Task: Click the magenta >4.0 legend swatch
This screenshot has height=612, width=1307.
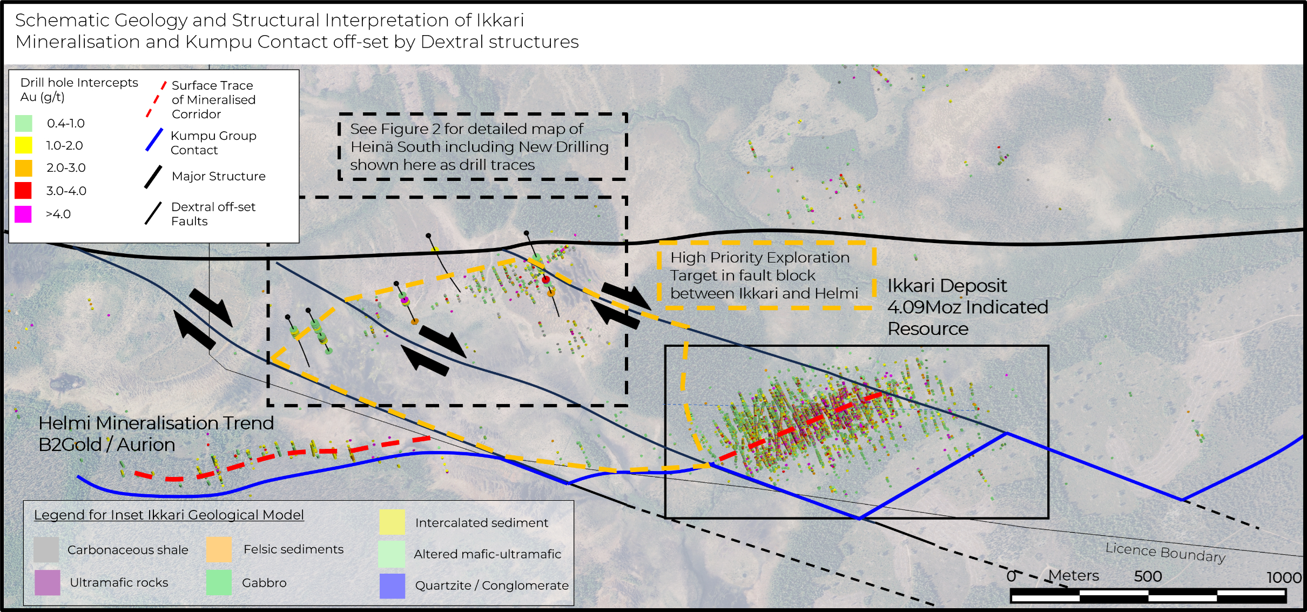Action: (x=23, y=214)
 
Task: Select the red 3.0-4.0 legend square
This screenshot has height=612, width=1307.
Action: (x=23, y=191)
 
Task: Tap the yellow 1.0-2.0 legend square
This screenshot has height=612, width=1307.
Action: (x=23, y=145)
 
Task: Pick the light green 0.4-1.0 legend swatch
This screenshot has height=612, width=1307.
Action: (x=23, y=123)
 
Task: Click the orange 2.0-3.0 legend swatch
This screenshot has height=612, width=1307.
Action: (x=23, y=168)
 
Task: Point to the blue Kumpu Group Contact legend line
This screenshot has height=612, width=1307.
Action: (x=154, y=140)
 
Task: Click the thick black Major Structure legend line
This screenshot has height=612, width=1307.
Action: (x=153, y=177)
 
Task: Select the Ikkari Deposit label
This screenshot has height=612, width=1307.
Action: (x=947, y=286)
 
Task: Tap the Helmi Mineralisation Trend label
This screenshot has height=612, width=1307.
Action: (x=156, y=423)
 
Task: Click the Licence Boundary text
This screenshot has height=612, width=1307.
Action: (x=1165, y=552)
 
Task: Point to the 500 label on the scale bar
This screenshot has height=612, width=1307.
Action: (x=1148, y=576)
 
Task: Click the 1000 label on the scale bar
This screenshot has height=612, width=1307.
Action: (x=1284, y=577)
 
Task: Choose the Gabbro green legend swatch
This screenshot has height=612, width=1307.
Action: (x=219, y=582)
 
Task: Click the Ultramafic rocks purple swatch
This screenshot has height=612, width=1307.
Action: (x=47, y=582)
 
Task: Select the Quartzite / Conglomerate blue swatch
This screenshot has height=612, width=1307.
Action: (x=392, y=586)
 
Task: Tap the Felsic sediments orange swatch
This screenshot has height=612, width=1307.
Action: (x=219, y=549)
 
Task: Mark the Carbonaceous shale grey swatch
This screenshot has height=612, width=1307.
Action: (x=46, y=549)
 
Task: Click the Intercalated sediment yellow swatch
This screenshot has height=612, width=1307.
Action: (x=392, y=522)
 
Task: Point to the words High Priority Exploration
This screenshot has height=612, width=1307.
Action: (x=760, y=258)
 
